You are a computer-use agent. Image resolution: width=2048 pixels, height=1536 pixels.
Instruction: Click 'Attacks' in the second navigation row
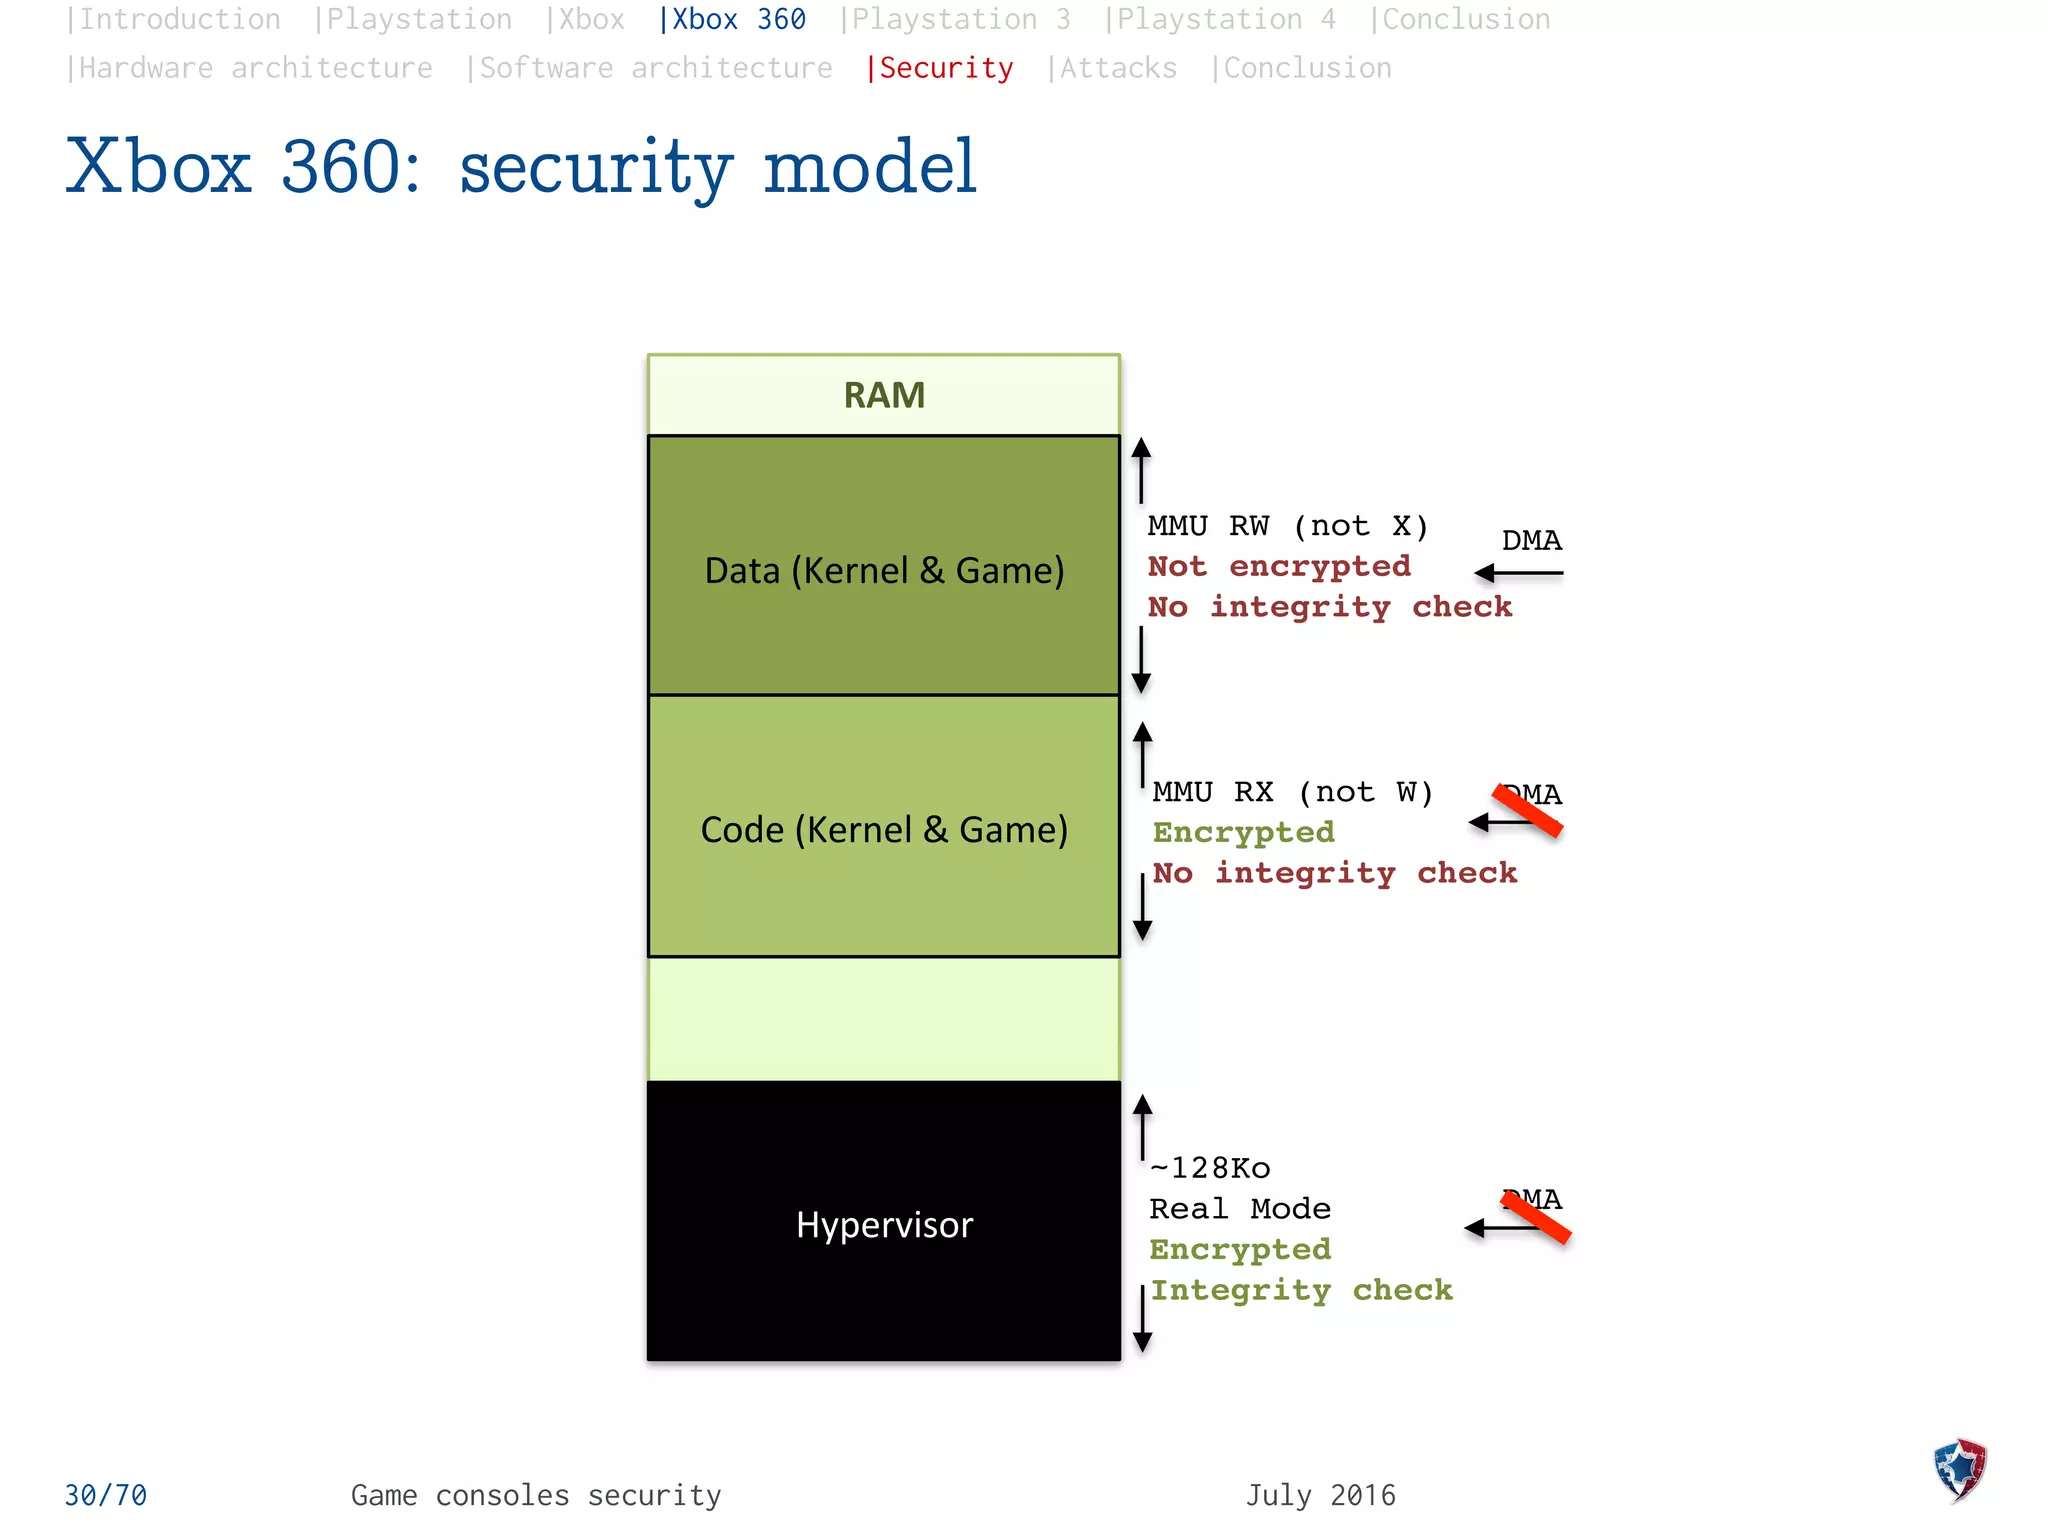[x=1117, y=68]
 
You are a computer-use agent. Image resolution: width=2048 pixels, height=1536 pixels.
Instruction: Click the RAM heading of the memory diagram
[x=884, y=396]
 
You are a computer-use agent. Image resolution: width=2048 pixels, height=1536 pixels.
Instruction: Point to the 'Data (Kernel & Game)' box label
[x=884, y=570]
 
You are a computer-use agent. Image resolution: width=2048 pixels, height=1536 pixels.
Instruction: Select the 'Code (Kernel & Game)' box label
[x=884, y=830]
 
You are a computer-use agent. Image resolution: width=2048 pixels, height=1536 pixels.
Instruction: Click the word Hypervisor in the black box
[x=884, y=1225]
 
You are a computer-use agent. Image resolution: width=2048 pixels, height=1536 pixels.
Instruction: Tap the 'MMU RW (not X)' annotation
[x=1288, y=526]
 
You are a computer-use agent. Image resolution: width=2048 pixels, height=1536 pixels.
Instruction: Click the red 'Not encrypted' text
[x=1279, y=566]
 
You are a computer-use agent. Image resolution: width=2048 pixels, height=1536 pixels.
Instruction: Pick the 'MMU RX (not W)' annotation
[x=1292, y=792]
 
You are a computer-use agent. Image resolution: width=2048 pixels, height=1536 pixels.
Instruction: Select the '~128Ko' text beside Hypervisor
[x=1210, y=1168]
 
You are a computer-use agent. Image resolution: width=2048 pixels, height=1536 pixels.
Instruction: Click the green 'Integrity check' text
[x=1301, y=1290]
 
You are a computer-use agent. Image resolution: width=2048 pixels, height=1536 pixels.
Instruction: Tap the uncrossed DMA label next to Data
[x=1531, y=541]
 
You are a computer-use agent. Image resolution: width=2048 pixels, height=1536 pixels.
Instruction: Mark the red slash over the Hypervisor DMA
[x=1537, y=1217]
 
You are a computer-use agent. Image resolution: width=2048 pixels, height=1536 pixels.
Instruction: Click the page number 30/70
[x=106, y=1495]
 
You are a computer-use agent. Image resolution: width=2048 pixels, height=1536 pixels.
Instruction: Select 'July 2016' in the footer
[x=1320, y=1495]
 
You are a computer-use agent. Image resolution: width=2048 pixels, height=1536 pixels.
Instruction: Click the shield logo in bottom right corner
[x=1959, y=1470]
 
